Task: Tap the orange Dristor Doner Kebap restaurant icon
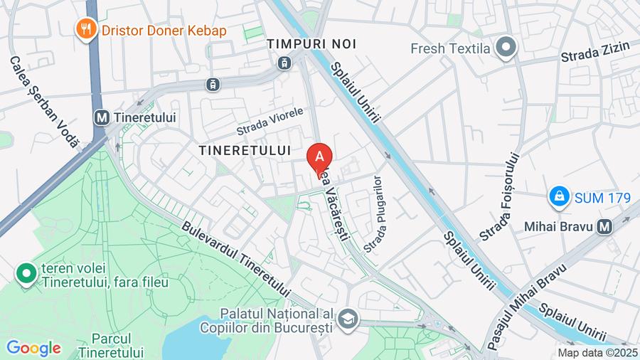click(87, 29)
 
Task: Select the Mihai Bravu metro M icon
click(605, 227)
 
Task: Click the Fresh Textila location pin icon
click(506, 48)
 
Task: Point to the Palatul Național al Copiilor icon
click(348, 317)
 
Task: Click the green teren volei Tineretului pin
click(26, 273)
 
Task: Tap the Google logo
click(33, 349)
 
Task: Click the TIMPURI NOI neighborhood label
click(311, 44)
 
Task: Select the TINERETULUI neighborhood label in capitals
click(245, 151)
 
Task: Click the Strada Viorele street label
click(270, 122)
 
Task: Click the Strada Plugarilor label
click(374, 214)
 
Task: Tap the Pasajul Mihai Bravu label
click(525, 307)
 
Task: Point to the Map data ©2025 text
click(598, 353)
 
